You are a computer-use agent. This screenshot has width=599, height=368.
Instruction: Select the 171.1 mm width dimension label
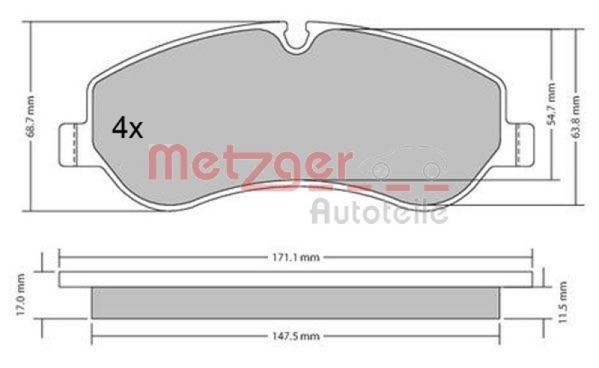295,257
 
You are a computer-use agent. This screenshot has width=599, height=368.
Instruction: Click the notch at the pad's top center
298,37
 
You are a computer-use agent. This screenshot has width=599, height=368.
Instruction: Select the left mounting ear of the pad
70,143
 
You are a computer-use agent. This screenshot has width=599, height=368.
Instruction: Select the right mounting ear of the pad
522,143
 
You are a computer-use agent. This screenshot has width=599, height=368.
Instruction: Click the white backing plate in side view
295,279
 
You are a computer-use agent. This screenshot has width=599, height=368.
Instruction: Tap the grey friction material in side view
295,302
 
